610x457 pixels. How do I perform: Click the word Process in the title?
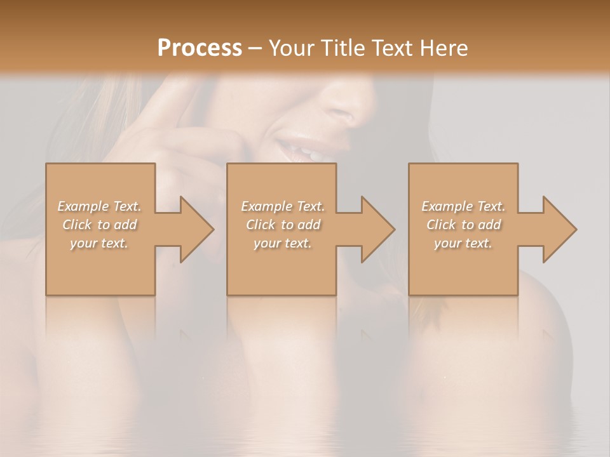pyautogui.click(x=200, y=48)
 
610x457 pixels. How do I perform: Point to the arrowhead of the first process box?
pyautogui.click(x=197, y=229)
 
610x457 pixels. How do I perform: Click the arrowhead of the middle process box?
pyautogui.click(x=378, y=229)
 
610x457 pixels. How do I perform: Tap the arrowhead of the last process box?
pyautogui.click(x=560, y=229)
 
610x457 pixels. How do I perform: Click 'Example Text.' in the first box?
pyautogui.click(x=99, y=206)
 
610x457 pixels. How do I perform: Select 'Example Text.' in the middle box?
pyautogui.click(x=282, y=206)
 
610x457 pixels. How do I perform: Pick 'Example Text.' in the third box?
pyautogui.click(x=463, y=206)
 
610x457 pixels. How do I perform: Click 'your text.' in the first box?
pyautogui.click(x=99, y=243)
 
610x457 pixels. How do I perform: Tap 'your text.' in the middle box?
pyautogui.click(x=282, y=243)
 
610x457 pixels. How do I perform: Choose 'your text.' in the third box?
pyautogui.click(x=463, y=243)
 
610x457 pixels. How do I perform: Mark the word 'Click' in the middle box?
pyautogui.click(x=261, y=225)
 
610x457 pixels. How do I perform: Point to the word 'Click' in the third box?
pyautogui.click(x=442, y=225)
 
